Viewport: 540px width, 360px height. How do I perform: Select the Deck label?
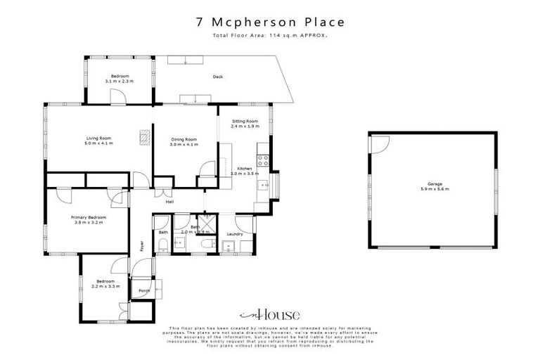pos(218,77)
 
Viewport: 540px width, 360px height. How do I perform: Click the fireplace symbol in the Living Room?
pos(145,138)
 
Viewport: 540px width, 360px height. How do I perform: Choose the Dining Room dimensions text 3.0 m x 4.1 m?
pos(184,144)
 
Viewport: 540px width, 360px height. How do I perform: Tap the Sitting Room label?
pos(245,121)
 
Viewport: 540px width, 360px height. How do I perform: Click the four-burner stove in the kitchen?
pos(262,160)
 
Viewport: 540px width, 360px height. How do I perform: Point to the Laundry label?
pos(235,233)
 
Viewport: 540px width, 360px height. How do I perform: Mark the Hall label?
pos(169,202)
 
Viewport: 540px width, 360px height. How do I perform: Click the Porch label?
pos(144,290)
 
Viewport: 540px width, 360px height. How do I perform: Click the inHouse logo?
pos(271,314)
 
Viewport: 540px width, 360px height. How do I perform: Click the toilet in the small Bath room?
pos(163,245)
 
